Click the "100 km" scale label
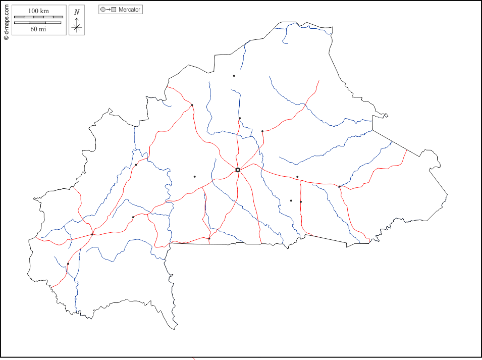(38, 11)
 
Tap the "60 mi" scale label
(38, 29)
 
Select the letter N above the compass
(77, 12)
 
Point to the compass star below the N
(77, 27)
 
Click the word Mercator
(130, 10)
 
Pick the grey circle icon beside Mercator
(103, 10)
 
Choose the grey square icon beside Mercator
(114, 10)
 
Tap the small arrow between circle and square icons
(109, 10)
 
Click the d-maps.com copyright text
(6, 20)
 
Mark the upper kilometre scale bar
(38, 17)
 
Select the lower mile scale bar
(38, 23)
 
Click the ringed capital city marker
(238, 170)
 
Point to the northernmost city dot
(234, 76)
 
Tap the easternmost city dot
(340, 186)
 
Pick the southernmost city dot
(68, 264)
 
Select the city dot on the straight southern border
(209, 238)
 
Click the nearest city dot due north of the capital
(240, 118)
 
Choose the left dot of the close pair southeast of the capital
(291, 200)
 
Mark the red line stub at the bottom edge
(194, 358)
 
